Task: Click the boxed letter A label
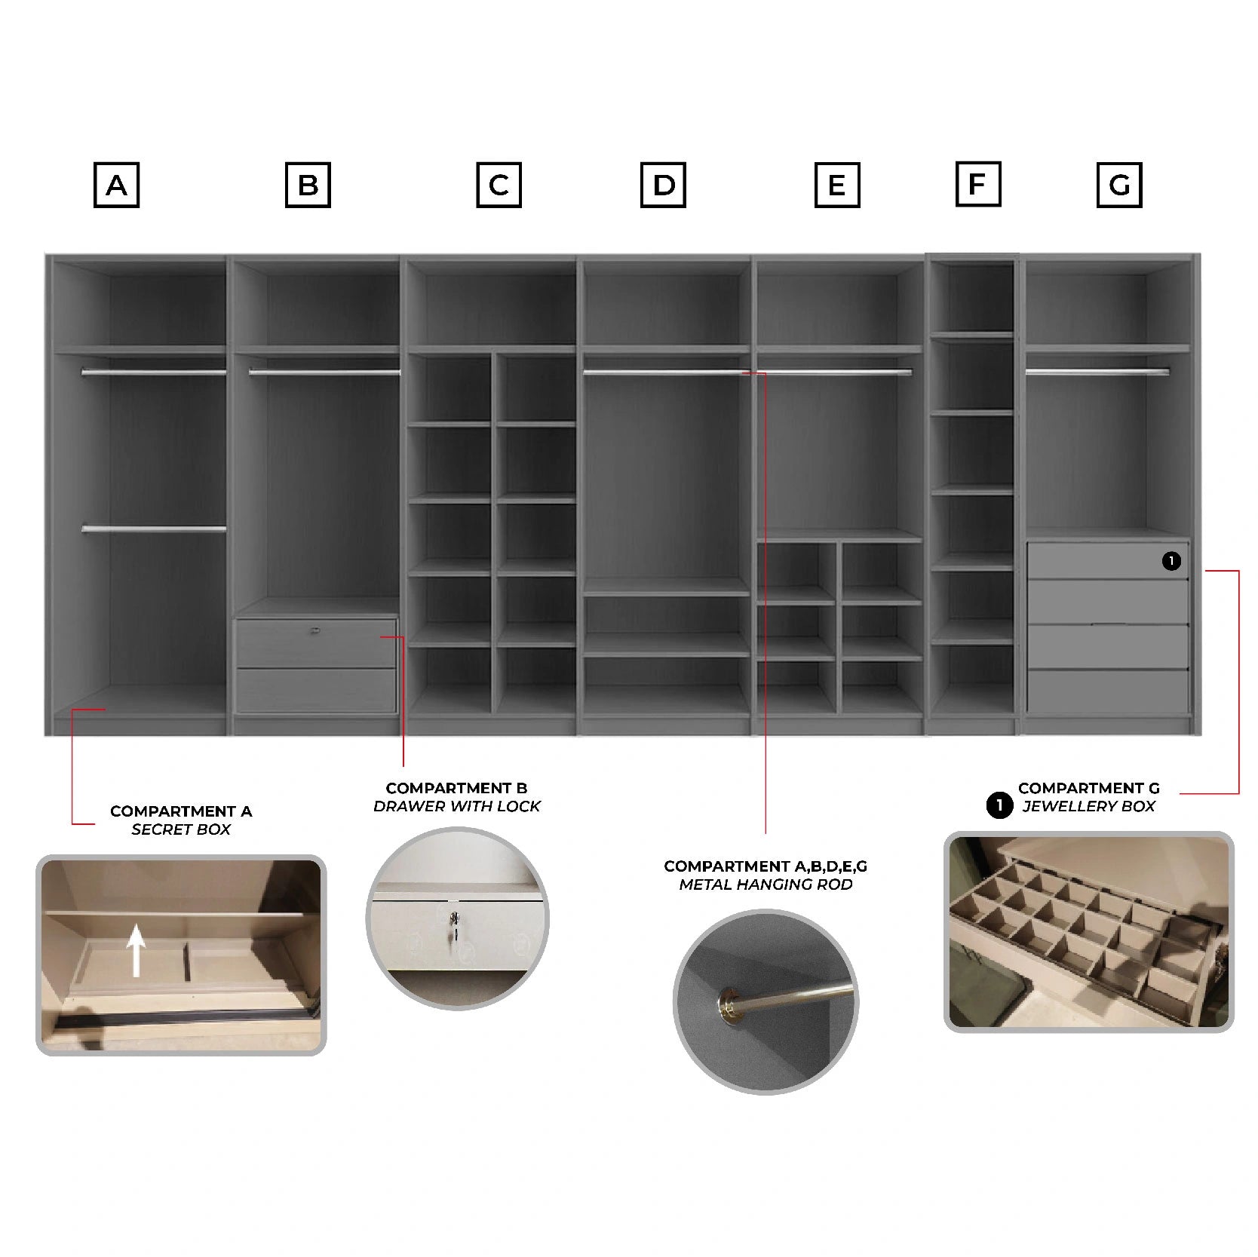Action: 116,185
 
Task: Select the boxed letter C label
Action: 499,185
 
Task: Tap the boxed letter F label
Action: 977,184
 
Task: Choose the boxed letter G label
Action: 1119,185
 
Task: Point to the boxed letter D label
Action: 663,185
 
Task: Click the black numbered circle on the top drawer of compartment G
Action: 1171,561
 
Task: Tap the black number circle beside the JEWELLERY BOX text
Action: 999,805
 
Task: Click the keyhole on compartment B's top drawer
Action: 314,630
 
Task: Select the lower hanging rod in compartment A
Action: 154,529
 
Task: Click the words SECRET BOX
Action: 181,829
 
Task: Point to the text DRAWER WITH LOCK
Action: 457,806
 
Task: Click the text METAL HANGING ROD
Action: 766,884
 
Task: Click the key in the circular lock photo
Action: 453,926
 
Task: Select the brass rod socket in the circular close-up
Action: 729,1001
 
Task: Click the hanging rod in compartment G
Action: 1097,371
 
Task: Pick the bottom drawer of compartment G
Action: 1108,690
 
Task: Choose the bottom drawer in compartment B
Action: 316,690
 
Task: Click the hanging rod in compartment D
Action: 666,372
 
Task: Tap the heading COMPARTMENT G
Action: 1088,788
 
